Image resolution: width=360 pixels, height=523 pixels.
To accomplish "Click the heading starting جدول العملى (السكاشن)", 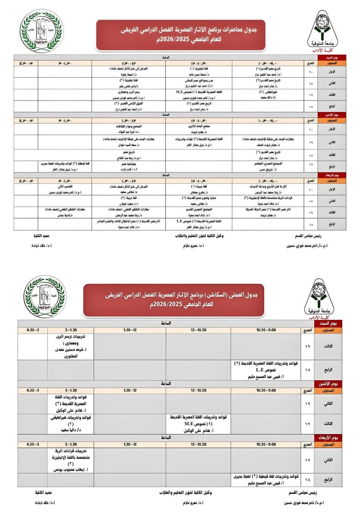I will click(181, 299).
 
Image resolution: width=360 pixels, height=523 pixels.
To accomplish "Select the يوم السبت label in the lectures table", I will click(331, 57).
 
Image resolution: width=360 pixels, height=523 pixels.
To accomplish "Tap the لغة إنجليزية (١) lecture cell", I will click(199, 72).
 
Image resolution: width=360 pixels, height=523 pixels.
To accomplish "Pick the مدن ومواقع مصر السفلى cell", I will click(199, 83).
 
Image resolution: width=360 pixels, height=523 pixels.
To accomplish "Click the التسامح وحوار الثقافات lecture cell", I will click(129, 129).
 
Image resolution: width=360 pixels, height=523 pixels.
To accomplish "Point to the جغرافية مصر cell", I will click(129, 167).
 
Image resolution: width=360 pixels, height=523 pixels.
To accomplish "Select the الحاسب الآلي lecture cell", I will click(65, 189).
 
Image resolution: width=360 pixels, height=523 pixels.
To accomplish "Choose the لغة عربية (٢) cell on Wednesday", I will click(129, 201).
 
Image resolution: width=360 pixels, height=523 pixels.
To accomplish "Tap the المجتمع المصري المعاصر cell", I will click(268, 167).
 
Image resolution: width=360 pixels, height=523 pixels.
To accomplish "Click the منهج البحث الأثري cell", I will click(199, 129).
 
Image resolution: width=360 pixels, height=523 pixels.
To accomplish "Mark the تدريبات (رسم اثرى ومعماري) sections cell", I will click(70, 346).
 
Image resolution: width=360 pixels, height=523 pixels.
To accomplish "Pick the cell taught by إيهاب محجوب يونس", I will click(70, 460).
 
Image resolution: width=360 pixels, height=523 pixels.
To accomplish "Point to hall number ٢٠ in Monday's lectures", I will click(311, 129).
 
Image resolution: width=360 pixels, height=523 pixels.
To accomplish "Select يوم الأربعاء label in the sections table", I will click(328, 438).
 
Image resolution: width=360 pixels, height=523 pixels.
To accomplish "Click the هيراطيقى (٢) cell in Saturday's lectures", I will click(268, 95).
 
